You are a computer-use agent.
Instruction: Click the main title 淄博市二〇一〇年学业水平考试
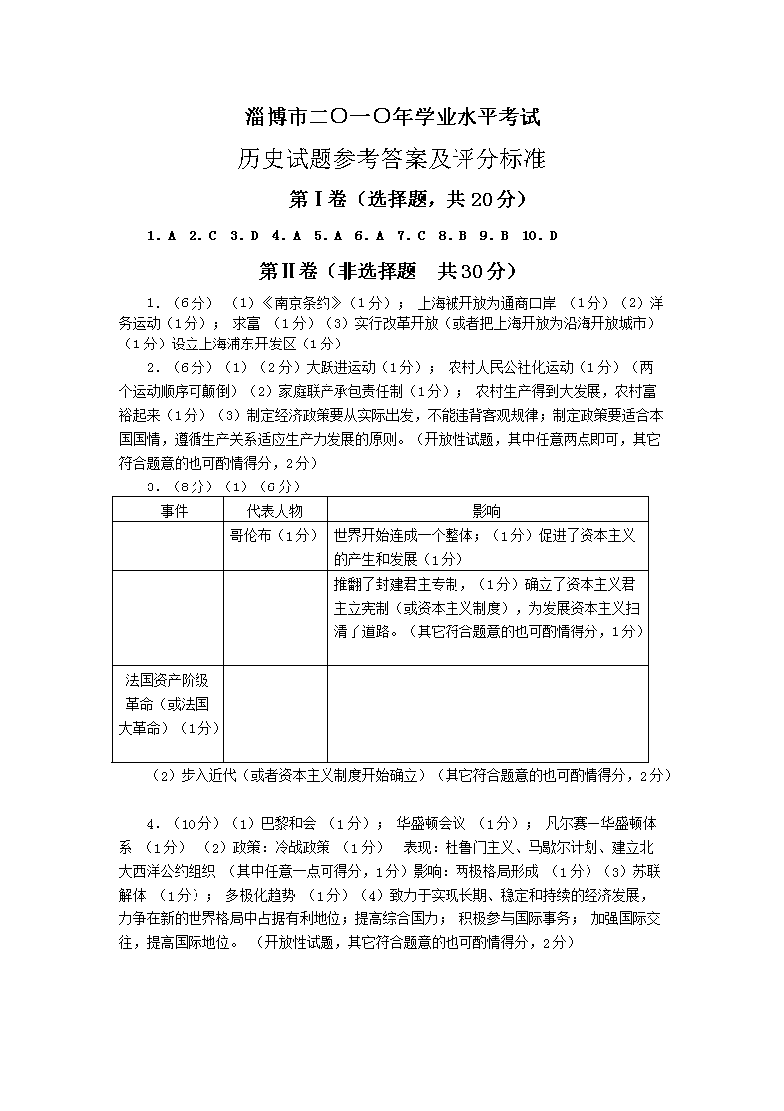tap(392, 117)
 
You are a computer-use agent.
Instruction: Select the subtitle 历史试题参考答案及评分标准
tap(392, 158)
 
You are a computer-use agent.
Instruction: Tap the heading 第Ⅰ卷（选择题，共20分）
tap(392, 199)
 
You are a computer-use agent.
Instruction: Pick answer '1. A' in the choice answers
tap(161, 236)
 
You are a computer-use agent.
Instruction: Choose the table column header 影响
tap(486, 511)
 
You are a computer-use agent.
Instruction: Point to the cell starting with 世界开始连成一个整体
tap(486, 547)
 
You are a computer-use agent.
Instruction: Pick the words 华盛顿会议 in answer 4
tap(431, 823)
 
